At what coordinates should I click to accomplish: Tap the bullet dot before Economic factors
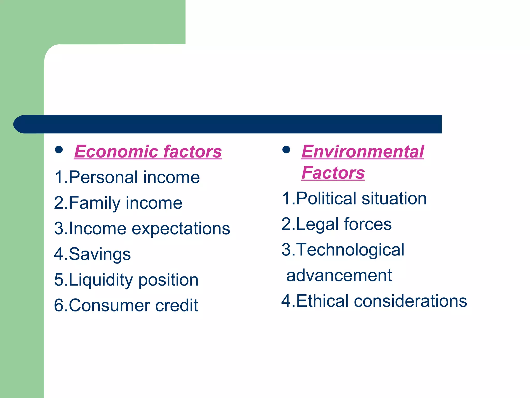pyautogui.click(x=59, y=150)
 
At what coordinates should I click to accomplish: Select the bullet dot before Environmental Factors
pyautogui.click(x=286, y=150)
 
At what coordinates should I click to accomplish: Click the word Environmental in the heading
pyautogui.click(x=363, y=152)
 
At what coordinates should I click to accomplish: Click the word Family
pyautogui.click(x=94, y=203)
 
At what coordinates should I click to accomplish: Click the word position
pyautogui.click(x=168, y=280)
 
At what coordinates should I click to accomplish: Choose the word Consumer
pyautogui.click(x=109, y=305)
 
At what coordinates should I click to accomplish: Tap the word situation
pyautogui.click(x=394, y=199)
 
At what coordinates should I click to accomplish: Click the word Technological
pyautogui.click(x=350, y=250)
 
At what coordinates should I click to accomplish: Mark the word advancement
pyautogui.click(x=339, y=275)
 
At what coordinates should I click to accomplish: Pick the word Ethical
pyautogui.click(x=322, y=301)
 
